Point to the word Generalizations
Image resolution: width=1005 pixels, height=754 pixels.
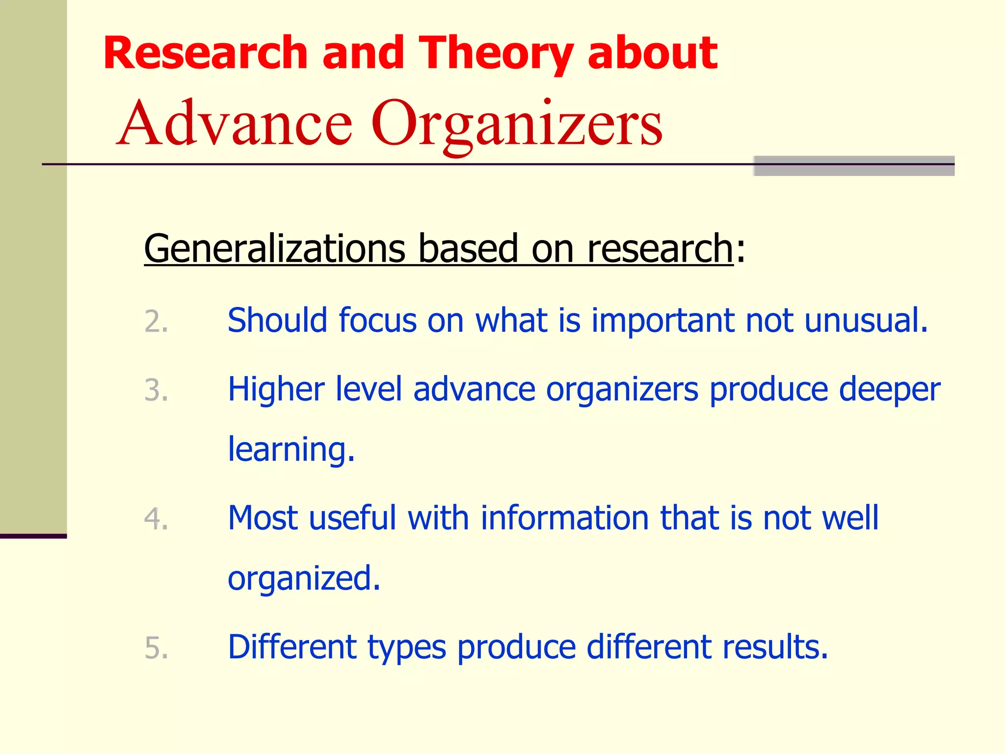(274, 248)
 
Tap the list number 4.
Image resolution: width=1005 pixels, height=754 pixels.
(156, 519)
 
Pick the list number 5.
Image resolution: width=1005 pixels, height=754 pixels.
(156, 648)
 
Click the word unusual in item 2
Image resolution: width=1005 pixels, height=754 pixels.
(866, 321)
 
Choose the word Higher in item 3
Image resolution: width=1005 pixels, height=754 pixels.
(276, 389)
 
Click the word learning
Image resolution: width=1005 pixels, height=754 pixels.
(291, 450)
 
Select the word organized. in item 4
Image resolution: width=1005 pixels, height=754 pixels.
(304, 579)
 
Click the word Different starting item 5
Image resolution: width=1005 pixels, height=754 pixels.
(292, 646)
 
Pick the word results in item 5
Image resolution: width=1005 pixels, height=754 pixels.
(775, 646)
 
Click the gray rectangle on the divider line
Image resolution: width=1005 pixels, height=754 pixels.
(854, 166)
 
